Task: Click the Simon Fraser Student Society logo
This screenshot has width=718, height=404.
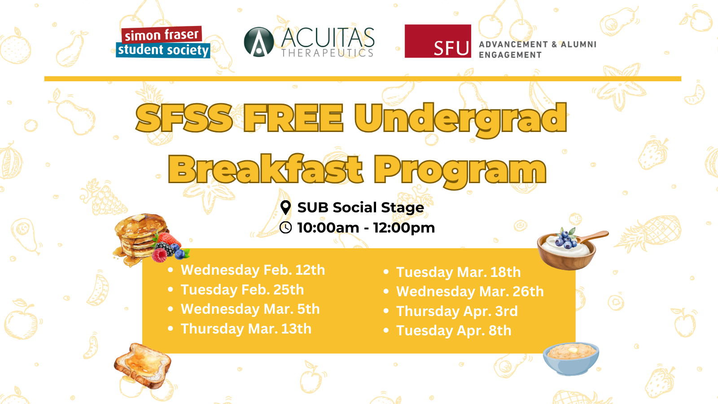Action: pyautogui.click(x=163, y=42)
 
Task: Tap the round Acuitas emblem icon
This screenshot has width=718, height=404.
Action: pyautogui.click(x=258, y=42)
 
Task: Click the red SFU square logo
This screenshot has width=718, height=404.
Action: pyautogui.click(x=438, y=41)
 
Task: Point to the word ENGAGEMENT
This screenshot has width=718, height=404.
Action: pyautogui.click(x=510, y=55)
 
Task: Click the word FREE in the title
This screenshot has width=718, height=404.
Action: pyautogui.click(x=293, y=118)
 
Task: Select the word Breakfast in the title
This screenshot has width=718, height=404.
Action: pyautogui.click(x=266, y=169)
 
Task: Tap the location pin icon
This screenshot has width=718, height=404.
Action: pyautogui.click(x=285, y=208)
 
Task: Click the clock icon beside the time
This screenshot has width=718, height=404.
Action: pyautogui.click(x=285, y=228)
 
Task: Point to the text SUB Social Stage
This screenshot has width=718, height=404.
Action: pyautogui.click(x=361, y=207)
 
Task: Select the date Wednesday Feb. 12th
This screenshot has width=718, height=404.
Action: pyautogui.click(x=253, y=270)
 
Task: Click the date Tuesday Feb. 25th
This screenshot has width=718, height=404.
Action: pyautogui.click(x=242, y=290)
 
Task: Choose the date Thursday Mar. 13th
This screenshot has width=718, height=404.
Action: pyautogui.click(x=246, y=329)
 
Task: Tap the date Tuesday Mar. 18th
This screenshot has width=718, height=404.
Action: pyautogui.click(x=458, y=272)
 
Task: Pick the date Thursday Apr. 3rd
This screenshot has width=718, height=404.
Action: pyautogui.click(x=457, y=312)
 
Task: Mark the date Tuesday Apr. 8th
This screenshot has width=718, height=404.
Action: pyautogui.click(x=454, y=331)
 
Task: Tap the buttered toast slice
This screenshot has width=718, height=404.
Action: pyautogui.click(x=143, y=365)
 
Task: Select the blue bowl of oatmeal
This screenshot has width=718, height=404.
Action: pyautogui.click(x=571, y=359)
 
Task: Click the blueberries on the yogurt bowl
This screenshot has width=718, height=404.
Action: pyautogui.click(x=566, y=239)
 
